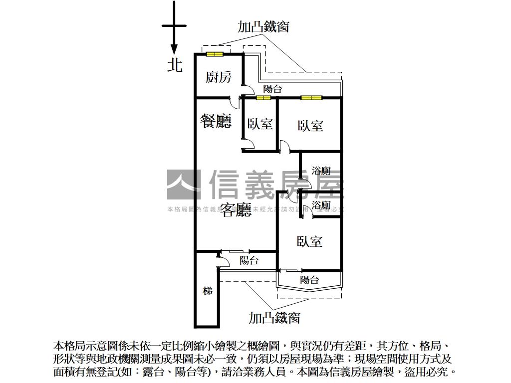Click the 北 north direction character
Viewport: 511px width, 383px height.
175,64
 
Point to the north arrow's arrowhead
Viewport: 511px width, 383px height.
174,50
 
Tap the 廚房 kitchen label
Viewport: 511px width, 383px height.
219,77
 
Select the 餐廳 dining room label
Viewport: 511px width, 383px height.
216,121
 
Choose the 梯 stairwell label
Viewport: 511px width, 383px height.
208,291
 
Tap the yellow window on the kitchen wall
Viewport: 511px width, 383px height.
215,54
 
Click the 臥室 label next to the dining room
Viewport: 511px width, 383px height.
260,124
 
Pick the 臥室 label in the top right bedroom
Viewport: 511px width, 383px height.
310,125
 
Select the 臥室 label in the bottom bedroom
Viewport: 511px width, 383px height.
309,241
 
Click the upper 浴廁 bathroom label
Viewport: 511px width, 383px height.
321,171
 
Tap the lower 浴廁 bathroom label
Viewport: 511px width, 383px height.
321,205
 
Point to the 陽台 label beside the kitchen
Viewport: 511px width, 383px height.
272,89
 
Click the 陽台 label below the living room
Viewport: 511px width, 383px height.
249,260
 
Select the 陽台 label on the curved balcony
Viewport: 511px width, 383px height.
309,280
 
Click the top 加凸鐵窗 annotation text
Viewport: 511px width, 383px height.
263,26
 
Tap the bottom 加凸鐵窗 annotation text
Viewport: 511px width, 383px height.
274,317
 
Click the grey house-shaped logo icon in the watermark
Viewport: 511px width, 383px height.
184,185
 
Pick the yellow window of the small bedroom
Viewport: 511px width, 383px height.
263,98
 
